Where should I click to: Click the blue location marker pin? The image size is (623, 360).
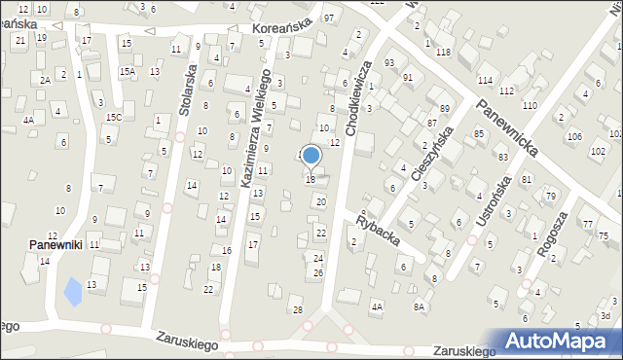coord(311,156)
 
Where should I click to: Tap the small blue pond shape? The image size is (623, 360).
coord(72,290)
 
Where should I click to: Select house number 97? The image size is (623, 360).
coord(329,18)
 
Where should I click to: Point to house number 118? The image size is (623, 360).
coord(443,52)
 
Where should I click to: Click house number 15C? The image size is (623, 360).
coord(114,117)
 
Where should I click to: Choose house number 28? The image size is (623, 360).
coord(298,309)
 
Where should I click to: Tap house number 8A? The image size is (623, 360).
coord(420,306)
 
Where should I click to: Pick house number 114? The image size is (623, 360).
coord(485,79)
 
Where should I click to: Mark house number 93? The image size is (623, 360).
coord(389,62)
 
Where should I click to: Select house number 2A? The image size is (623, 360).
coord(45,79)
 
